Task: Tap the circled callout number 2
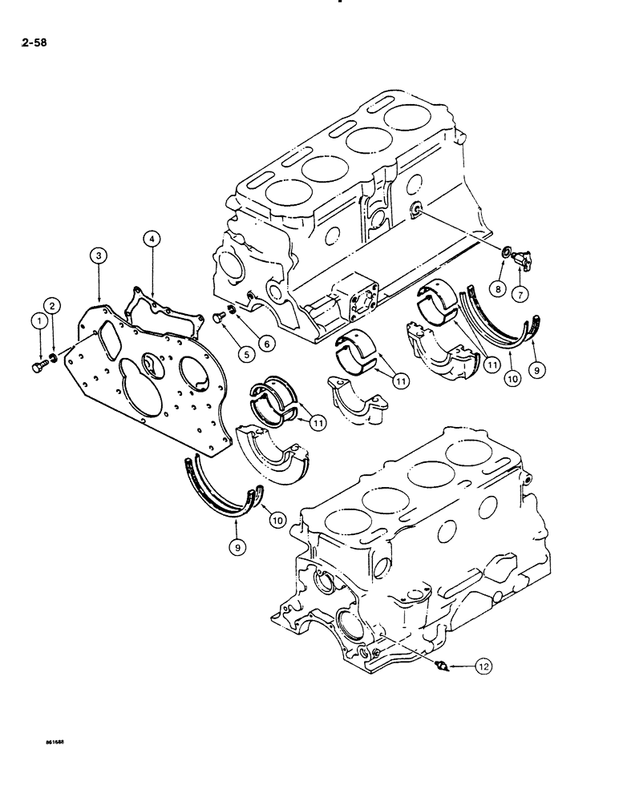[x=51, y=305]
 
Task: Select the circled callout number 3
[x=97, y=256]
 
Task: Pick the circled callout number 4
[x=152, y=237]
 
